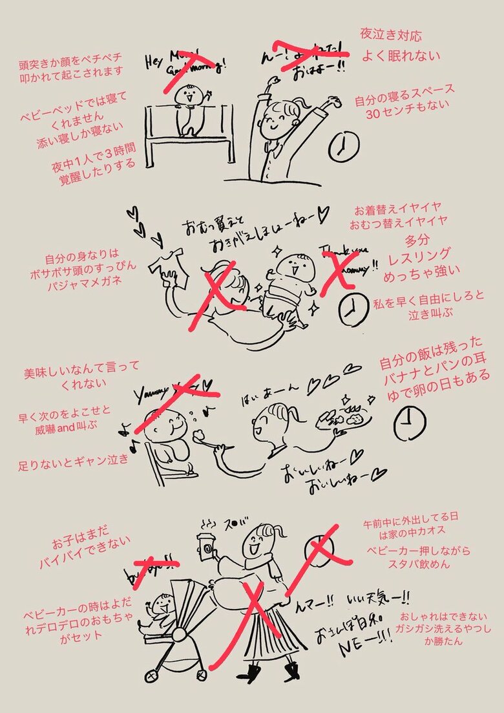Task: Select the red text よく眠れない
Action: [401, 56]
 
